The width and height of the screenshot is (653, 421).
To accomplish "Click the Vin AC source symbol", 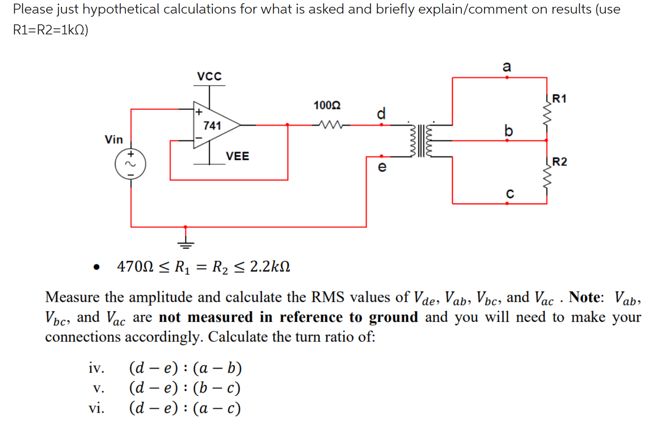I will coord(130,164).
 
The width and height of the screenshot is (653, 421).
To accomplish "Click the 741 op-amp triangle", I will coord(214,125).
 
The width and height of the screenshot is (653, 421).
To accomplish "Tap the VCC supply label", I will coord(209,76).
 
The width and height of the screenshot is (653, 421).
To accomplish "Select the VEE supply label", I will coord(237,156).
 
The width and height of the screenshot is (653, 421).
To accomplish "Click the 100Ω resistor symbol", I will coord(331,125).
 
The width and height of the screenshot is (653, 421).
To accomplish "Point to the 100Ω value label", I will coord(327,106).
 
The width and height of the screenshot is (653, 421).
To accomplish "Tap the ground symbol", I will coord(185,243).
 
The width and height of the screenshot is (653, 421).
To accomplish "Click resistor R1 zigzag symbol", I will coord(547,115).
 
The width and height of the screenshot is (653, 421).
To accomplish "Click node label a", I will coord(507,66).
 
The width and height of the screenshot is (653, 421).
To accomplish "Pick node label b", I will coord(508,131).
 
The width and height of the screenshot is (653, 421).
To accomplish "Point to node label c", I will coord(510,194).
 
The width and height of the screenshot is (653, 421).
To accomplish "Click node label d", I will coord(381,114).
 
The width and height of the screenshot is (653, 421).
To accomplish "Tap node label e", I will coord(382,167).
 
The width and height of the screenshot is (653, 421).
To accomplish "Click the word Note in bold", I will coord(585,297).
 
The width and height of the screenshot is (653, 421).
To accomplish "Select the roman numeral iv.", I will coord(96,368).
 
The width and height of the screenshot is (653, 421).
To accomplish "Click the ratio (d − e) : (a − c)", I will coord(185,408).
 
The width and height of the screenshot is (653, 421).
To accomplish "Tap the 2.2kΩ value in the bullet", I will coord(270,266).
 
